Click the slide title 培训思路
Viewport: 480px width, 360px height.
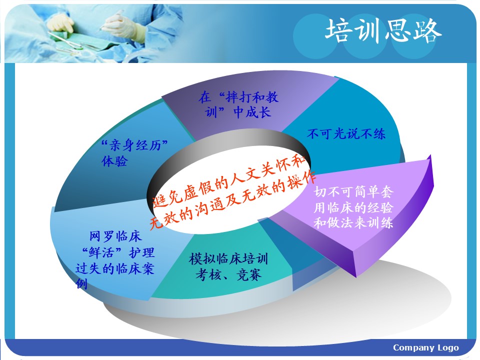383,30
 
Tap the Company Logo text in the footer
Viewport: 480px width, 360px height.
426,348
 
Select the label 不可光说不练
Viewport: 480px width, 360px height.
346,134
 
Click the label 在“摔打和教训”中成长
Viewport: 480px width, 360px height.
238,104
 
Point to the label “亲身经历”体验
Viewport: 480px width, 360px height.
134,153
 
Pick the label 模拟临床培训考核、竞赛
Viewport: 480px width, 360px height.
228,266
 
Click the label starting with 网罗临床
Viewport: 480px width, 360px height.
115,260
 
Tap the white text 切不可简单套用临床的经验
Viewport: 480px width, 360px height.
353,199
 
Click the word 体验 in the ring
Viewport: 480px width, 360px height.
114,161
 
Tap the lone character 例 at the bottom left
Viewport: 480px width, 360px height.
81,283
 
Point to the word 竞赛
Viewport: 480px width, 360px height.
249,275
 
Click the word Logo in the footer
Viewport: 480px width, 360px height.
448,348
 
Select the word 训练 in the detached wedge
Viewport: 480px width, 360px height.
380,222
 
